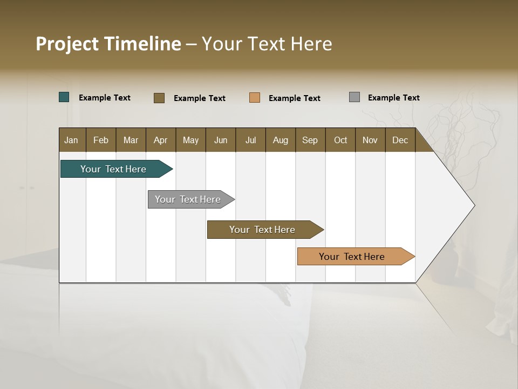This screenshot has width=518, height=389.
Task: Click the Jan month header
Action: tap(72, 140)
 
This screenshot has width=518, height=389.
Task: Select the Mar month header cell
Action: tap(131, 140)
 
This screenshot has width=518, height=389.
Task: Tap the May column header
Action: tap(190, 140)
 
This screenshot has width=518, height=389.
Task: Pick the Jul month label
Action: tap(250, 140)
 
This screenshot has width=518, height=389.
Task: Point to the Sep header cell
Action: tap(310, 140)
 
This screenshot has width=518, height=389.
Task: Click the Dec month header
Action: tap(400, 140)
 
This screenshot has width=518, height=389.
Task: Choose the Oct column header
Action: tap(340, 140)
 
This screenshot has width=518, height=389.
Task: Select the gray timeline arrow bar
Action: tap(189, 199)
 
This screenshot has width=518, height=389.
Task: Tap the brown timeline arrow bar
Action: tap(263, 230)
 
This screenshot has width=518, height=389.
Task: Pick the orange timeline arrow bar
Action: tap(353, 257)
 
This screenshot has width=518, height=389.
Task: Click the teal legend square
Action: tap(64, 97)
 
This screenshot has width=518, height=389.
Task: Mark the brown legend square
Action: tap(159, 98)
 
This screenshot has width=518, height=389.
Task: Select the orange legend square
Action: tap(255, 98)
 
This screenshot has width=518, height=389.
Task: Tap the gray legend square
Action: tap(355, 97)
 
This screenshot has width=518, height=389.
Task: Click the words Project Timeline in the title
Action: tap(108, 44)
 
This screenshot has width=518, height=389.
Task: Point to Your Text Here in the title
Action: tap(267, 44)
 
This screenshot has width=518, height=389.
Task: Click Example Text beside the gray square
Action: tap(393, 98)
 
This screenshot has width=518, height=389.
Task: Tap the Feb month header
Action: tap(101, 140)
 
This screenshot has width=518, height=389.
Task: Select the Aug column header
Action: tap(280, 140)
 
